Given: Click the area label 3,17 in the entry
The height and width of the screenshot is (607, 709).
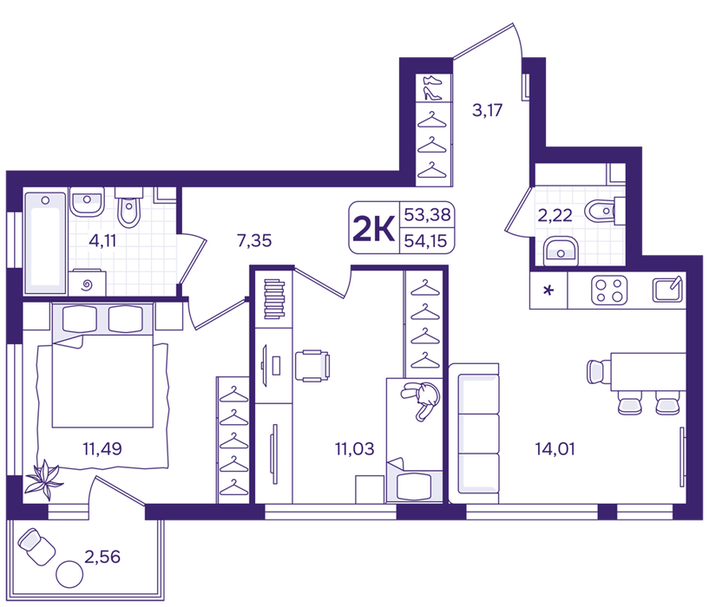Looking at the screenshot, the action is click(x=487, y=110).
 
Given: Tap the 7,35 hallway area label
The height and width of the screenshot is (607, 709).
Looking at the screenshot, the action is click(x=254, y=241).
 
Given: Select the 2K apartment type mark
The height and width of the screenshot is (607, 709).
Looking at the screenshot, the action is click(x=373, y=228).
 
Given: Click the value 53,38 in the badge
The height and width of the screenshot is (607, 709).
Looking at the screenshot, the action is click(x=427, y=214).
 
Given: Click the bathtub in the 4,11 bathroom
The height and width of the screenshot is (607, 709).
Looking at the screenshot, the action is click(x=45, y=243).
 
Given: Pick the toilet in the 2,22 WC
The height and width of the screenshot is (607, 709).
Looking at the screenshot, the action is click(x=605, y=211).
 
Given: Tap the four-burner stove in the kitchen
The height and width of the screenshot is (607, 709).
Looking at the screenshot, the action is click(x=609, y=290).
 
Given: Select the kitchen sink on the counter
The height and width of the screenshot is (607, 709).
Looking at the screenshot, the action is click(x=667, y=290).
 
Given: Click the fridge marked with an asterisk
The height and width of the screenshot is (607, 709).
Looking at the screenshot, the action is click(x=548, y=290).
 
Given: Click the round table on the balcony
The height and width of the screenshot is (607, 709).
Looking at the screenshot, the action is click(x=69, y=574).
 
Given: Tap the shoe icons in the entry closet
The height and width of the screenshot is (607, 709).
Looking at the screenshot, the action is click(x=433, y=88).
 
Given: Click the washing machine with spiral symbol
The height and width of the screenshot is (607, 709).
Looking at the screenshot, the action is click(x=88, y=283).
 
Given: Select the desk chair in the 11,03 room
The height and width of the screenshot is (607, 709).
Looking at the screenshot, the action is click(x=312, y=366).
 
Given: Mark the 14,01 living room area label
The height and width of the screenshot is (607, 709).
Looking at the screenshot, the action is click(x=555, y=449).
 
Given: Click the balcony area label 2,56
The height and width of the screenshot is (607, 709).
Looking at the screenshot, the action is click(x=102, y=557).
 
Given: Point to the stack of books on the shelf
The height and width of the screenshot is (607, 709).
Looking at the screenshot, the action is click(x=274, y=299).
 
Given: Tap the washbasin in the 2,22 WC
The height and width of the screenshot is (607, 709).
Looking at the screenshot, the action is click(x=561, y=251).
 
